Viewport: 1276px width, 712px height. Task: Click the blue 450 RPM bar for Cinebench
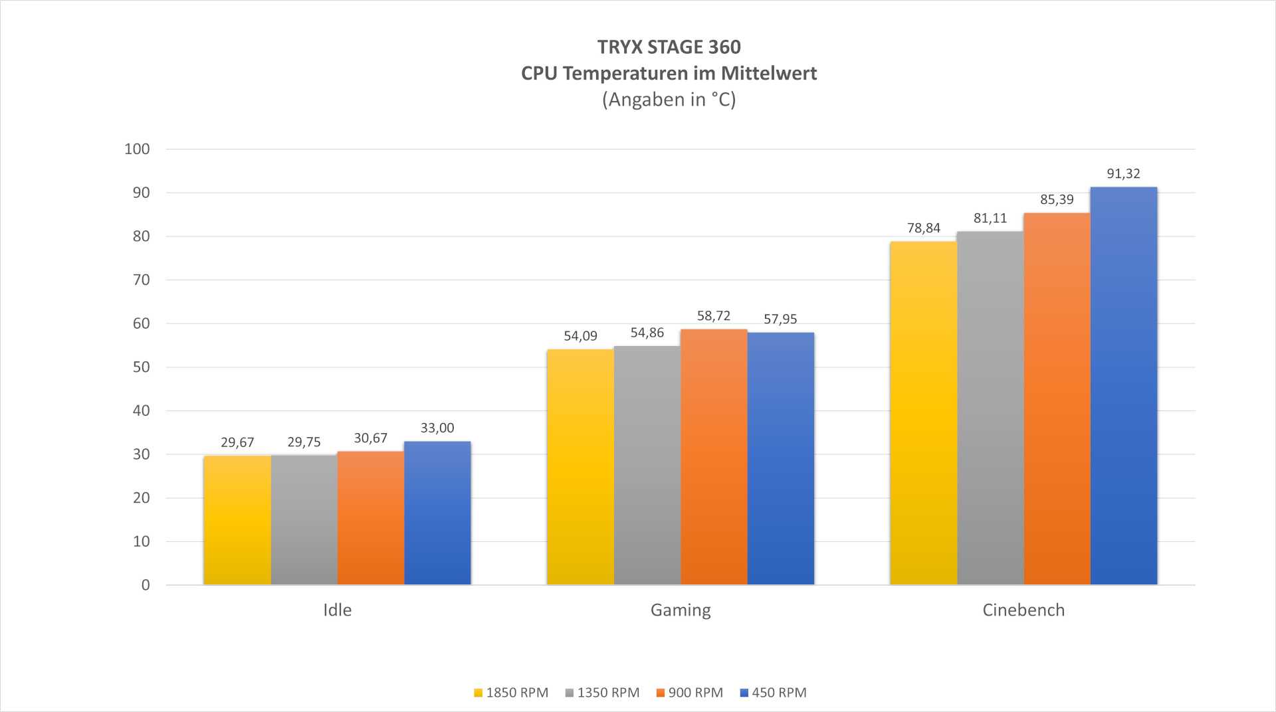1123,386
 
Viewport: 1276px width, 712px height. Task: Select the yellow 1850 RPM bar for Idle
237,520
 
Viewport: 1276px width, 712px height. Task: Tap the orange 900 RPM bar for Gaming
714,457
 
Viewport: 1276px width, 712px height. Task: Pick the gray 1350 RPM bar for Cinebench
990,408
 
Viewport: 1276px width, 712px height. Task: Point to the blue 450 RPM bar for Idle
437,513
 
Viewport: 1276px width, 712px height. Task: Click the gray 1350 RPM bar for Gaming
647,465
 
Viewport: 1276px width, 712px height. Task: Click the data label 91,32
1123,174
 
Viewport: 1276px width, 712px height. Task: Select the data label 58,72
714,316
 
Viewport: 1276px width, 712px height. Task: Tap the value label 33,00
437,428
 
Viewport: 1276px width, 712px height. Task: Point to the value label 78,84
924,228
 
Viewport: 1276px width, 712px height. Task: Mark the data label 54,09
581,336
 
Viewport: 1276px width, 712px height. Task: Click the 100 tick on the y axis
138,149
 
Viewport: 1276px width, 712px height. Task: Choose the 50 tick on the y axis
142,367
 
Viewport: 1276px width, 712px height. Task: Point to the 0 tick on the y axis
146,585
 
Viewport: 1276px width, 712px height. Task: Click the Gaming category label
681,610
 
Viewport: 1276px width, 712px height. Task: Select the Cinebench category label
1023,610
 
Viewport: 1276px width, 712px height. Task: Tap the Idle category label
337,610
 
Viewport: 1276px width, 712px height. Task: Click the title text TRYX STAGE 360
669,47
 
